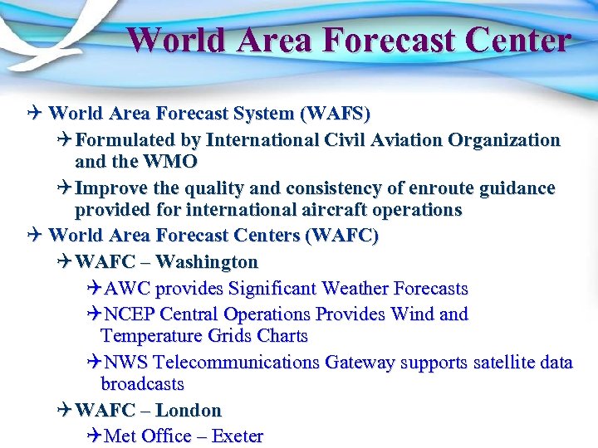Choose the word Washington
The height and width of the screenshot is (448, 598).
pyautogui.click(x=207, y=262)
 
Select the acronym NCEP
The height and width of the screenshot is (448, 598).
pyautogui.click(x=130, y=314)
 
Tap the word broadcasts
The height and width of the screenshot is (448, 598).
pyautogui.click(x=142, y=384)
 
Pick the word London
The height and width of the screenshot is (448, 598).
pyautogui.click(x=189, y=411)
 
